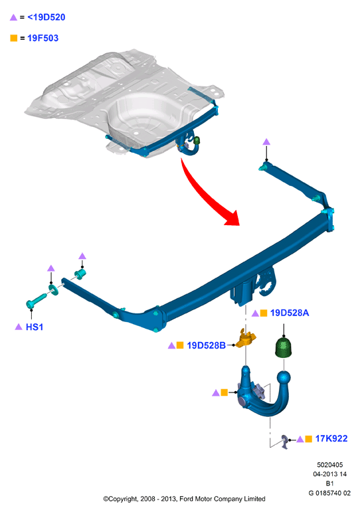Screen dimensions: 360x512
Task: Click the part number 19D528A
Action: tap(290, 313)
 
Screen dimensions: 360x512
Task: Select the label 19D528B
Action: tap(206, 345)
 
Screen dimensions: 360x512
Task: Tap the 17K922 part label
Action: tap(331, 438)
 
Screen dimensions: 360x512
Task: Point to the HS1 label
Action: tap(35, 327)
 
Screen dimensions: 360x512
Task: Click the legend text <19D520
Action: tap(46, 17)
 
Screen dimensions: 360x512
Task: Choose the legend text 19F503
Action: tap(43, 39)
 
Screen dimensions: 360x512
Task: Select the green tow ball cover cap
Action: tap(283, 347)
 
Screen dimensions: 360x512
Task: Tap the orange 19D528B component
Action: tap(246, 339)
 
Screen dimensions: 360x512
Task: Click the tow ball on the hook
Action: tap(284, 378)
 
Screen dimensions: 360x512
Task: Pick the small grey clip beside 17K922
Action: tap(285, 442)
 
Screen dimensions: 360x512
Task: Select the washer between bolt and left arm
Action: tap(54, 290)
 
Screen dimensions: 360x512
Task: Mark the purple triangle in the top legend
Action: tap(13, 17)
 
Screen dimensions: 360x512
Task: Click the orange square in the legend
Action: tap(14, 39)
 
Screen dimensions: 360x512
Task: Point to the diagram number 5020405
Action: tap(329, 465)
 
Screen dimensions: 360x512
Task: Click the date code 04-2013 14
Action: tap(329, 474)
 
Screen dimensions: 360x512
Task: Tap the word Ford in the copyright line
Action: tap(186, 499)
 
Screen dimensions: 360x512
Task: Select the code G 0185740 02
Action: tap(329, 493)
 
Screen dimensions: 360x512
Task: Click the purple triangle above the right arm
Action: tap(266, 141)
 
